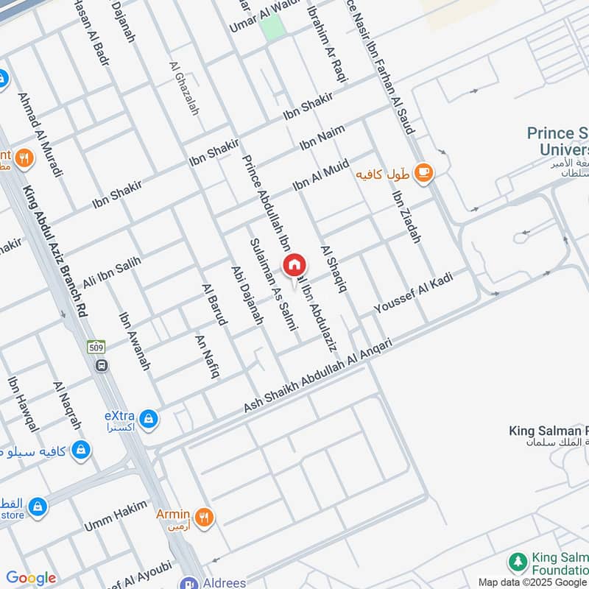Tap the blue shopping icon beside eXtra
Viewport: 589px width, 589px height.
coord(149,419)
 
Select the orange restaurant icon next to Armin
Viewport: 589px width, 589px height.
coord(204,517)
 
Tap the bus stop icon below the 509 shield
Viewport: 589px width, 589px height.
coord(102,364)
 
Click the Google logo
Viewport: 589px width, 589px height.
coord(31,578)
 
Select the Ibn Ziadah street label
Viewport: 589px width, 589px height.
coord(406,217)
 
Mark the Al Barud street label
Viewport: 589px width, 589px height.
coord(215,304)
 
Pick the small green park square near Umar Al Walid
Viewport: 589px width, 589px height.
coord(272,27)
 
